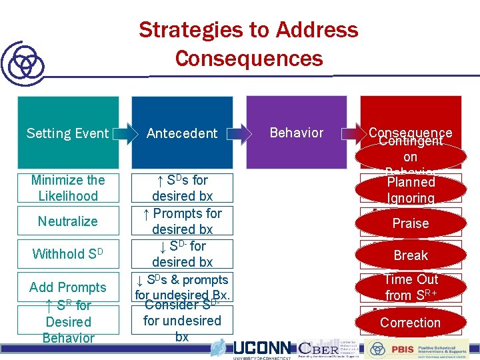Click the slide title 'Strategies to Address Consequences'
(x=248, y=44)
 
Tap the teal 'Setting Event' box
(x=67, y=133)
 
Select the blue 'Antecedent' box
(x=182, y=133)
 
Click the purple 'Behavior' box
(x=297, y=133)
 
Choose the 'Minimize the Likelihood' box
(x=68, y=188)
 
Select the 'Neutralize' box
(x=68, y=221)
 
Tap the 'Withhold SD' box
(x=68, y=254)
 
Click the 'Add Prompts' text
(x=68, y=287)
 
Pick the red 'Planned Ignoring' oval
(x=411, y=189)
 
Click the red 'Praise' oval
(x=411, y=223)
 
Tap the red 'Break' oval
(x=411, y=255)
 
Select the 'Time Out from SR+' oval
(x=411, y=287)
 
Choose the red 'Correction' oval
(x=411, y=323)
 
